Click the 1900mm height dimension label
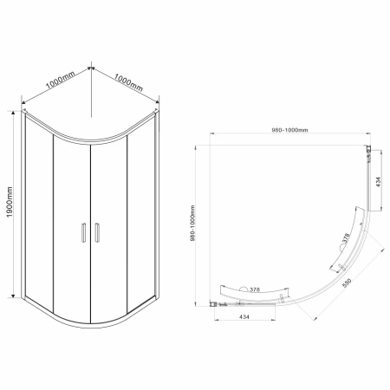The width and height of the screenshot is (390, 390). [x=10, y=202]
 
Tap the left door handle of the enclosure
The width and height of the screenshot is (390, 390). [x=84, y=232]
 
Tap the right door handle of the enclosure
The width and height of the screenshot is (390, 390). [x=97, y=232]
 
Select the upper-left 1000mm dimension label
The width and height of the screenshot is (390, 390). [x=60, y=80]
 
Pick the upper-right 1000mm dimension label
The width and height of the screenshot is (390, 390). [x=128, y=82]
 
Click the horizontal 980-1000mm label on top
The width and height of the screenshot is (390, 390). [x=289, y=130]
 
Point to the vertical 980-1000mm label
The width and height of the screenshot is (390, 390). [x=192, y=223]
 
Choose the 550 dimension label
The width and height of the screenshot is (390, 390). [x=347, y=283]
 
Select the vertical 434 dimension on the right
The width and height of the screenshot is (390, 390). [x=379, y=181]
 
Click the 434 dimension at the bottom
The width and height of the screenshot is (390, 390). [x=244, y=317]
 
